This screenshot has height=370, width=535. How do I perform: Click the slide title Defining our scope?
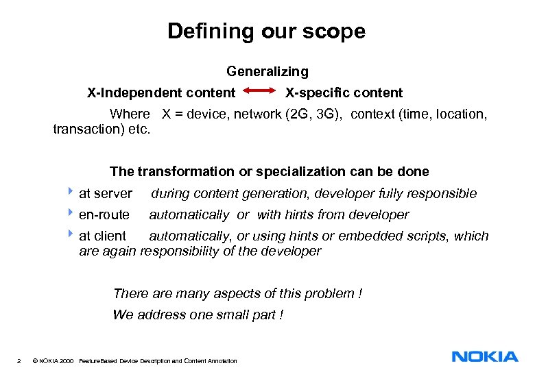coord(266,32)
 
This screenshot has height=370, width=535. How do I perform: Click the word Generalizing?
coord(267,71)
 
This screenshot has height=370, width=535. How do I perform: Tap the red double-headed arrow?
coord(260,92)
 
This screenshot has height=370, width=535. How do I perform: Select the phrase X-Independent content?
coord(160,92)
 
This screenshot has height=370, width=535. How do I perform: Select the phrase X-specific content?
coord(344,92)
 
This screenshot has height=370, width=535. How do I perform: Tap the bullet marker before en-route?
coord(73,214)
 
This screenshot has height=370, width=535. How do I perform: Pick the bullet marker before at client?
coord(73,235)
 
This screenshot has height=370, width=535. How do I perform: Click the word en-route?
coord(104,214)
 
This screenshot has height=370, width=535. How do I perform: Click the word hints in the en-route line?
coord(297,214)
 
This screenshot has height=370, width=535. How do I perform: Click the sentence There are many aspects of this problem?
coord(237,293)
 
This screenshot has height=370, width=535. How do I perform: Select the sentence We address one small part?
coord(198,314)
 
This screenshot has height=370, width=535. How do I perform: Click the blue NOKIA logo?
coord(485,356)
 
